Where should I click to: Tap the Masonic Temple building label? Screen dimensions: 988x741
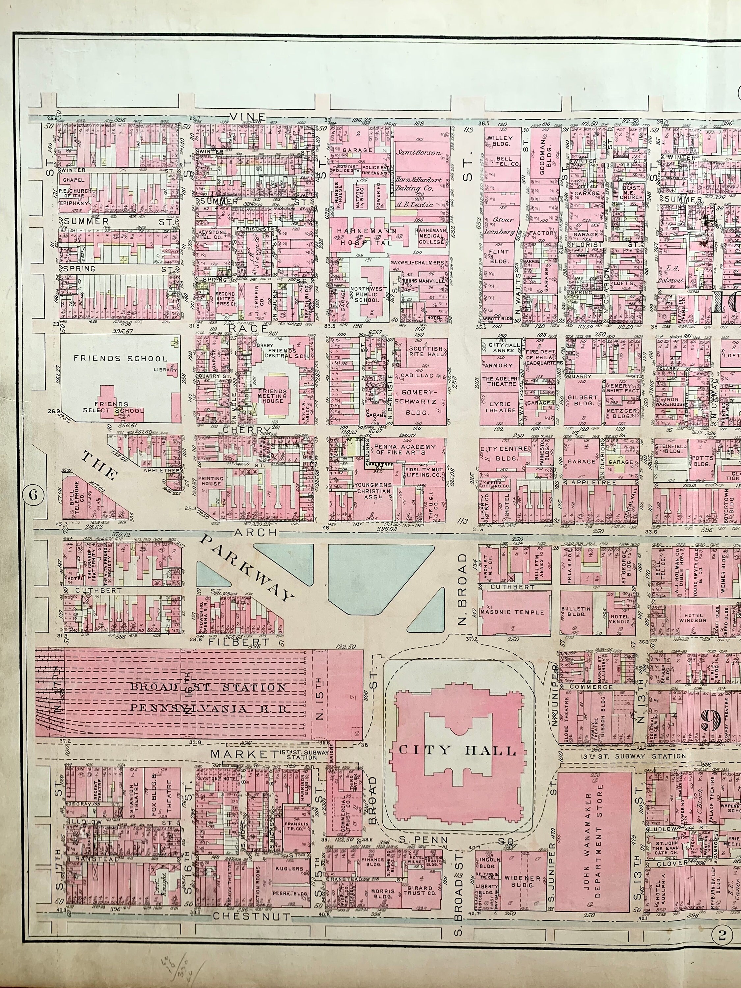[x=512, y=612]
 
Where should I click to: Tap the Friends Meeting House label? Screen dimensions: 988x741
[x=272, y=396]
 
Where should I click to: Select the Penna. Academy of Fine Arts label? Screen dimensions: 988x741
[x=404, y=449]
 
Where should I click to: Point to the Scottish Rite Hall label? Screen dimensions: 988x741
[x=426, y=351]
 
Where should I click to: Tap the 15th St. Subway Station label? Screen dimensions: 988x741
[x=301, y=755]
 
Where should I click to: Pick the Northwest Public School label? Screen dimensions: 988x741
[x=367, y=294]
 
